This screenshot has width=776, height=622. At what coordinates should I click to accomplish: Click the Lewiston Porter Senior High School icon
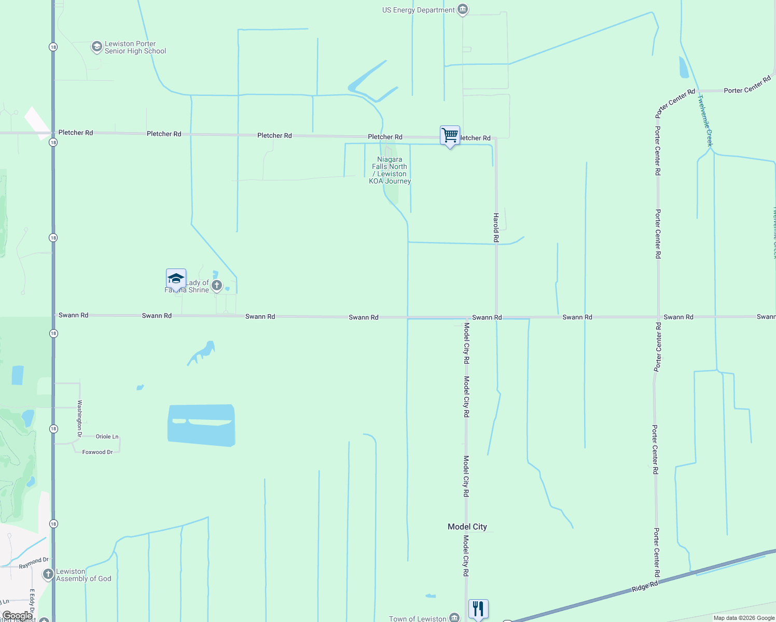96,47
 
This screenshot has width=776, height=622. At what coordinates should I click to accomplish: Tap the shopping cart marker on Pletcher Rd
450,135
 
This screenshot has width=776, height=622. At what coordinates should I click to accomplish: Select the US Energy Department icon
463,10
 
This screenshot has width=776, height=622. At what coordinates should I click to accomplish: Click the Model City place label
467,527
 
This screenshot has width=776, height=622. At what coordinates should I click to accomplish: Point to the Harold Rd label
496,228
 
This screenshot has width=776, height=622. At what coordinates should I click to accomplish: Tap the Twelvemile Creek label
705,120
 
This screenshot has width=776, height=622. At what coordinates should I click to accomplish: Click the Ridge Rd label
645,587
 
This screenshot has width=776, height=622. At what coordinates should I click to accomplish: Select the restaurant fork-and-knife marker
478,609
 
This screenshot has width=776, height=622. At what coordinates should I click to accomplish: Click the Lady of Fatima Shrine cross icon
217,286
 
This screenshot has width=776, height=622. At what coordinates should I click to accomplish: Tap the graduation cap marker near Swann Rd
176,279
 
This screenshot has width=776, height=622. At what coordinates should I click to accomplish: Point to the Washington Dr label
80,418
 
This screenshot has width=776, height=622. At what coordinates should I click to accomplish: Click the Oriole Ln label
107,436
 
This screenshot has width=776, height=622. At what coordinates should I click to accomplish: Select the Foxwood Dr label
98,452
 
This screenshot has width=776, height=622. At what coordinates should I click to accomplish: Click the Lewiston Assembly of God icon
48,574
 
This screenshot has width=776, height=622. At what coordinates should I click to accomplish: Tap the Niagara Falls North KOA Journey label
390,171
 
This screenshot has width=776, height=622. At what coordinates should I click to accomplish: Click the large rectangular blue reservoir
201,425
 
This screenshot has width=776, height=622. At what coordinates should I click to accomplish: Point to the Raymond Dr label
34,563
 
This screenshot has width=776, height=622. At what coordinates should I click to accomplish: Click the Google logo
17,616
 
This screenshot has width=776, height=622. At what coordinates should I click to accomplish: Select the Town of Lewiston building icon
454,617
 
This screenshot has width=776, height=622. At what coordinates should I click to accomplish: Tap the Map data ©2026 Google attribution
744,618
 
